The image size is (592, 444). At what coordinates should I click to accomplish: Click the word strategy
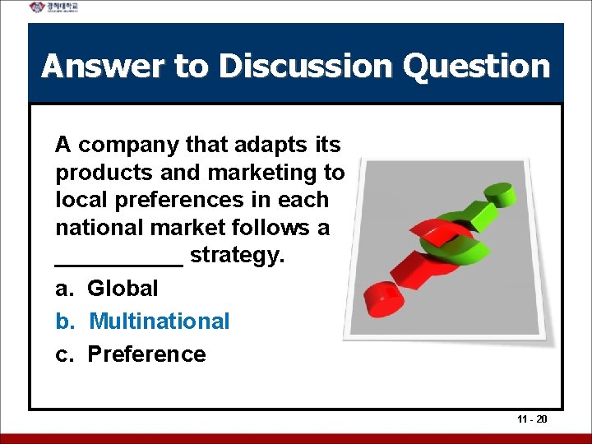tap(237, 256)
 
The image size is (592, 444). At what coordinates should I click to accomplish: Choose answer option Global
tap(123, 289)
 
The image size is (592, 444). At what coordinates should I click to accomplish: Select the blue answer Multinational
tap(159, 321)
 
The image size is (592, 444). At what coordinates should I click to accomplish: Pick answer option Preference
tap(146, 354)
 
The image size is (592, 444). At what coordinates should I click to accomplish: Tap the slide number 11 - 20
tap(532, 419)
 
